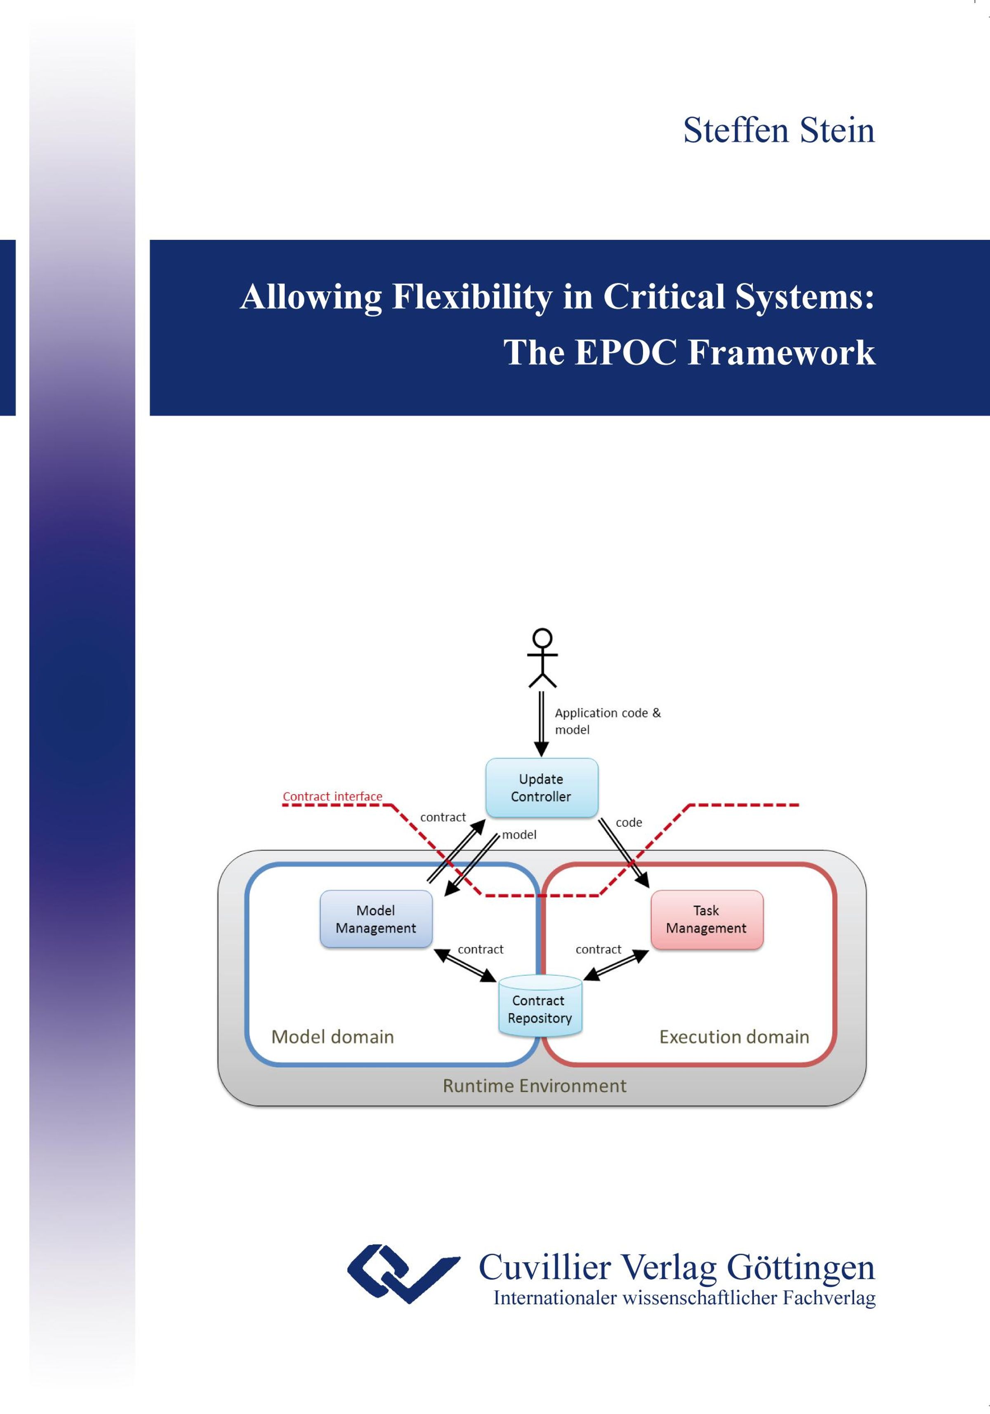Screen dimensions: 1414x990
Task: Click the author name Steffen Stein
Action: (x=779, y=131)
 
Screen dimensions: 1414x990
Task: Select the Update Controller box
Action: (x=542, y=788)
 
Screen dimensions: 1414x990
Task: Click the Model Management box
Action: (x=376, y=919)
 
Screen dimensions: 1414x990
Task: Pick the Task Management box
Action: (x=707, y=919)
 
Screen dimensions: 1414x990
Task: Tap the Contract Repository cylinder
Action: (x=540, y=1006)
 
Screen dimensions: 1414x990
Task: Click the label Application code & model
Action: (x=607, y=721)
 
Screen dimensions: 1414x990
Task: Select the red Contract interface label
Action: (x=332, y=796)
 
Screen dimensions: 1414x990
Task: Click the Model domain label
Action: (x=332, y=1037)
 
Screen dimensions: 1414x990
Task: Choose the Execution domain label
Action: (x=734, y=1037)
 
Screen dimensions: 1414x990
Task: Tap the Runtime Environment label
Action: (x=534, y=1086)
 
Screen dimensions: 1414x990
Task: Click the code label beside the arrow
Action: (x=628, y=822)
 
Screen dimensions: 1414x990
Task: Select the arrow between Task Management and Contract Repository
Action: (x=615, y=964)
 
